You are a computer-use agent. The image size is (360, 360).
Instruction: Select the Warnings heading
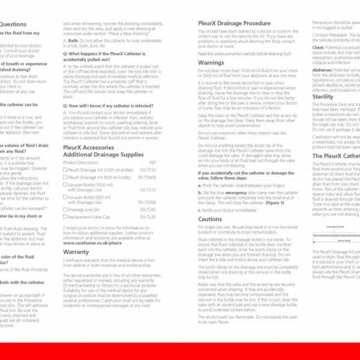tap(211, 62)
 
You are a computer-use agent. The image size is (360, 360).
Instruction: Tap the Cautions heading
tap(211, 219)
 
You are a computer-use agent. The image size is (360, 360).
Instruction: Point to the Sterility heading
tap(323, 97)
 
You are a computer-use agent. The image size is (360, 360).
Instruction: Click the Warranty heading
tap(76, 252)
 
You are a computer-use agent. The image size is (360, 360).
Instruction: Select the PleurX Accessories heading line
tap(88, 146)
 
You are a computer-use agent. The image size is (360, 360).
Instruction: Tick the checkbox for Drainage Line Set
tap(65, 209)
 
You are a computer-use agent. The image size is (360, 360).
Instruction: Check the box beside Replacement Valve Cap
tap(65, 217)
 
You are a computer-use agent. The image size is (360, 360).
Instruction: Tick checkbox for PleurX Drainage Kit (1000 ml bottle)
tap(65, 170)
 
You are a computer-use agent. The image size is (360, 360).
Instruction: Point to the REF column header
tap(152, 162)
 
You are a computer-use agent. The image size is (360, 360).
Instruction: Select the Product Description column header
tap(80, 162)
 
